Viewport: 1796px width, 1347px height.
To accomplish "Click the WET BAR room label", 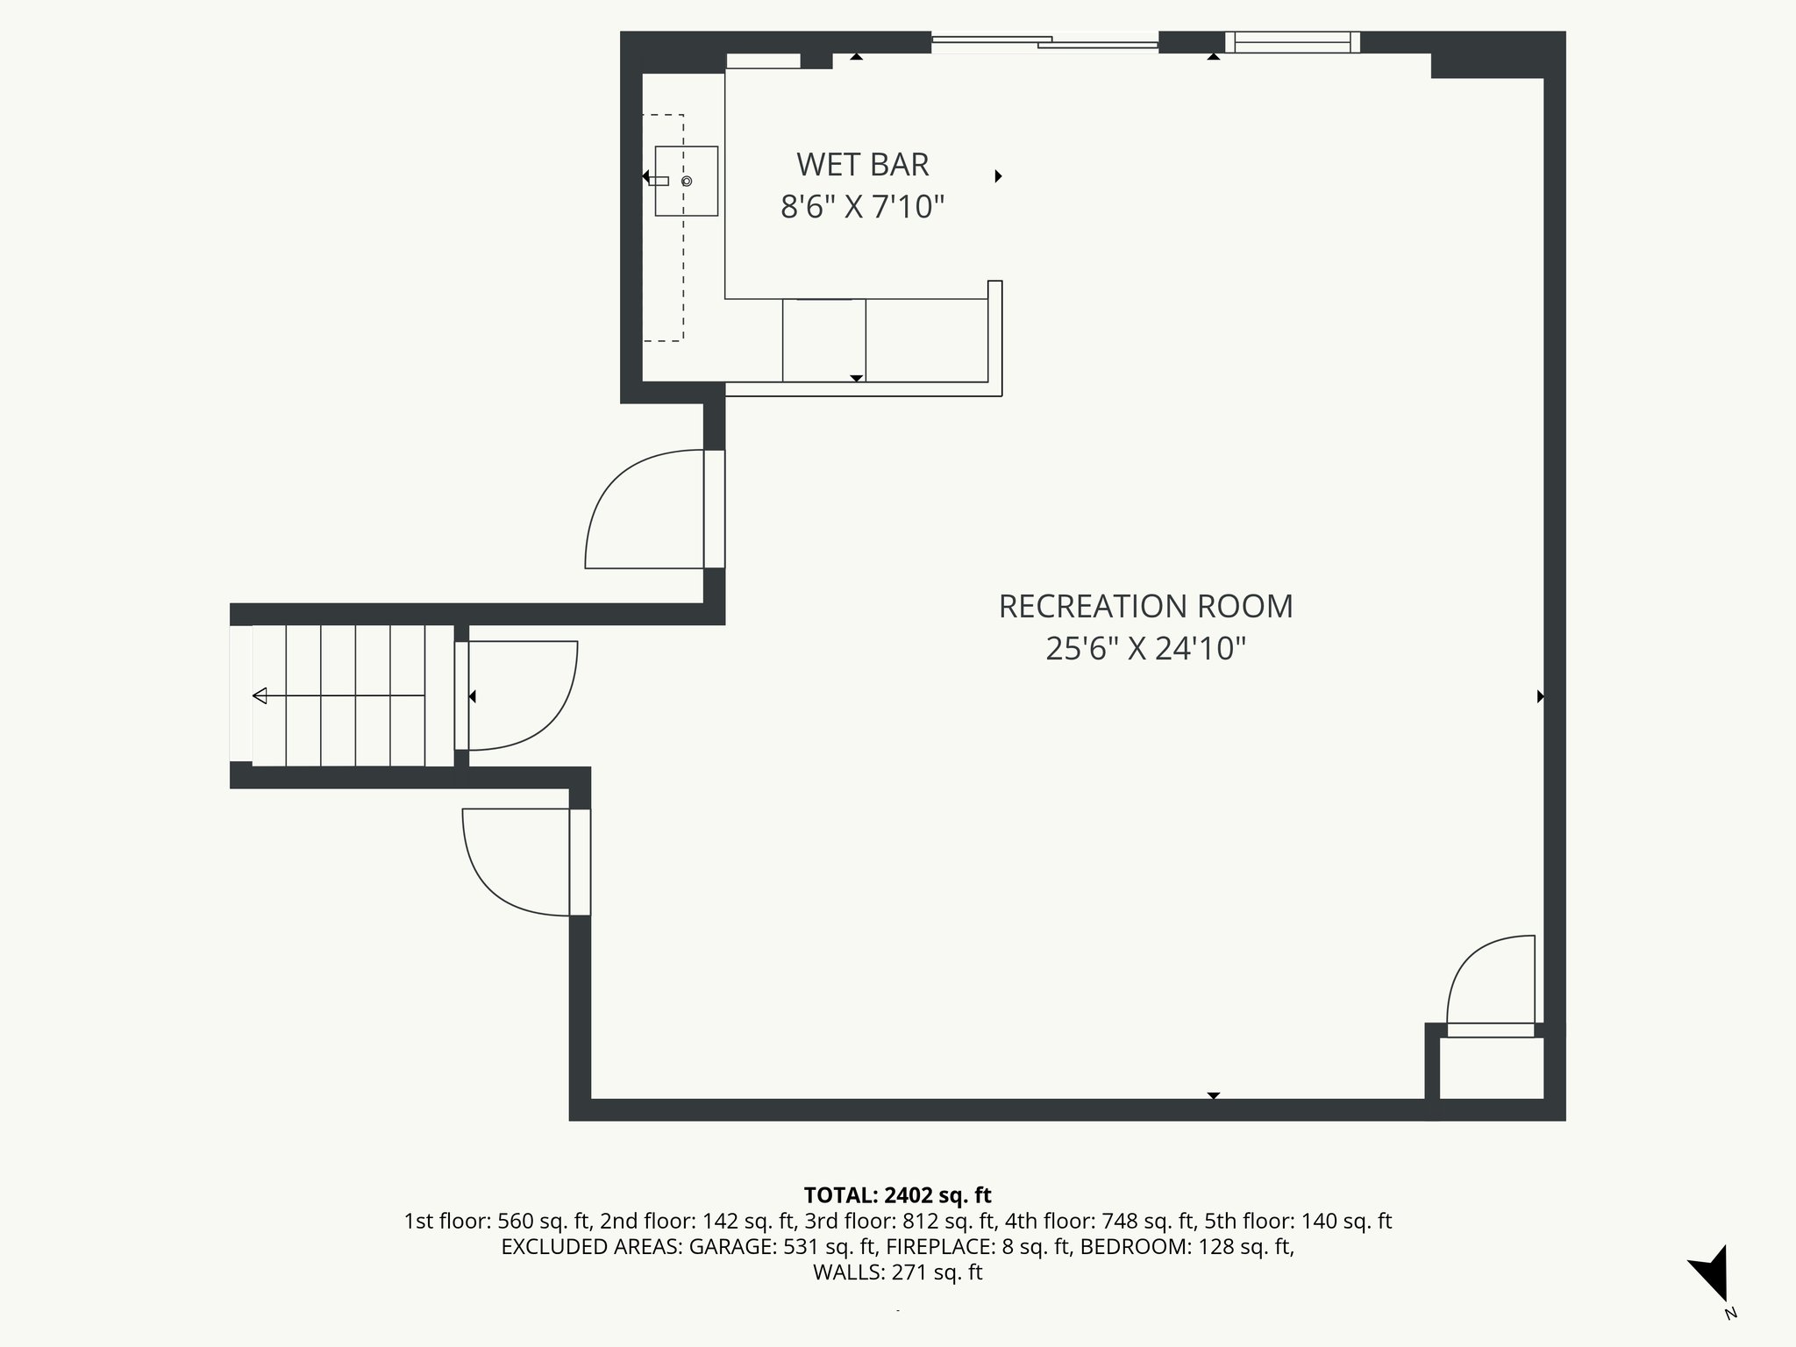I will click(x=862, y=164).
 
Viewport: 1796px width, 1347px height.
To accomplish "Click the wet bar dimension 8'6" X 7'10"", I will click(x=862, y=208).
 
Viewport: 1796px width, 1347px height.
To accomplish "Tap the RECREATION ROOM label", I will click(x=1145, y=606).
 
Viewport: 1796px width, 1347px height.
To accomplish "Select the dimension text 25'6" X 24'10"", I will click(x=1145, y=649).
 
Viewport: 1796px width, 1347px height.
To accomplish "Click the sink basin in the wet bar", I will click(x=687, y=181).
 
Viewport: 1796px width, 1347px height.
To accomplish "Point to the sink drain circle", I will click(x=687, y=181).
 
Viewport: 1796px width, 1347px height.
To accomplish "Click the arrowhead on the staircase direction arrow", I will click(x=260, y=696).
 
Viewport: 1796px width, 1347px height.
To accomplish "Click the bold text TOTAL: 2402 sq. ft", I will click(x=897, y=1194).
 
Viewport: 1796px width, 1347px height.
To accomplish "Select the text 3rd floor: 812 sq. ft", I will click(x=900, y=1221).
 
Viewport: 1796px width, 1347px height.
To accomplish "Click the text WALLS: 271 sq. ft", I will click(x=897, y=1272).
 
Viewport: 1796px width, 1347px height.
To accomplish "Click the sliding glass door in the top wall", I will click(x=1045, y=41).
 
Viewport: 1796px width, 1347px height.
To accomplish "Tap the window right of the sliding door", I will click(x=1293, y=41).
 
